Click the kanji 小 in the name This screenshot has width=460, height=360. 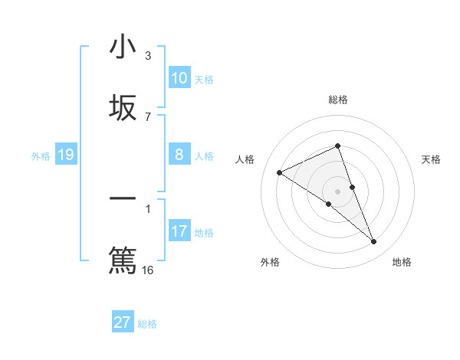click(x=123, y=47)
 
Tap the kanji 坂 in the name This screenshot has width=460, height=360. click(x=123, y=108)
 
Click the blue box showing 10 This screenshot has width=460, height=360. click(x=179, y=78)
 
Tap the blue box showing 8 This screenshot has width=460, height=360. click(x=179, y=155)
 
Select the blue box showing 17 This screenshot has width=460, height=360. click(x=179, y=231)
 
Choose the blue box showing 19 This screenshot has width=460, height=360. click(x=66, y=155)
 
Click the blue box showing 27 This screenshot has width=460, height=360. click(x=123, y=322)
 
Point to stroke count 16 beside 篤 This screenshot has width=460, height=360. click(x=148, y=270)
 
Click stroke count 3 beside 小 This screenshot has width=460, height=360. click(x=148, y=56)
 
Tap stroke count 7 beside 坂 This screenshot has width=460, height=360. click(x=148, y=117)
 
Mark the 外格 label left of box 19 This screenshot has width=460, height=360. click(x=41, y=156)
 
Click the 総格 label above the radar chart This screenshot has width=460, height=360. click(x=337, y=100)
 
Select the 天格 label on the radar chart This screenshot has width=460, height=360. click(x=431, y=159)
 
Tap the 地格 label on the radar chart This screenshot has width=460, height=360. click(x=402, y=262)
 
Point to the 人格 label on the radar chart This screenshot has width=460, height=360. click(x=245, y=159)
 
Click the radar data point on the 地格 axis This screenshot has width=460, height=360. click(x=374, y=242)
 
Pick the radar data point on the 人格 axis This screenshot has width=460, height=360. click(x=280, y=172)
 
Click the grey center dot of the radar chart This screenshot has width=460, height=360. click(x=337, y=191)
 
